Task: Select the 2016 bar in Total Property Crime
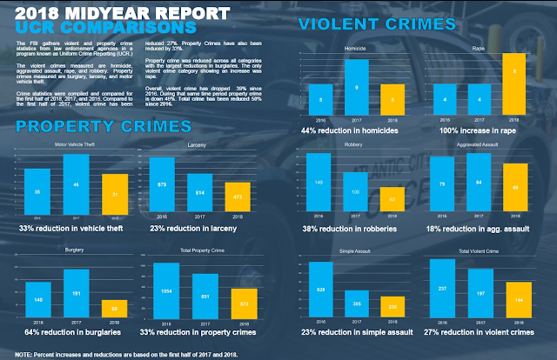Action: (x=164, y=291)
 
